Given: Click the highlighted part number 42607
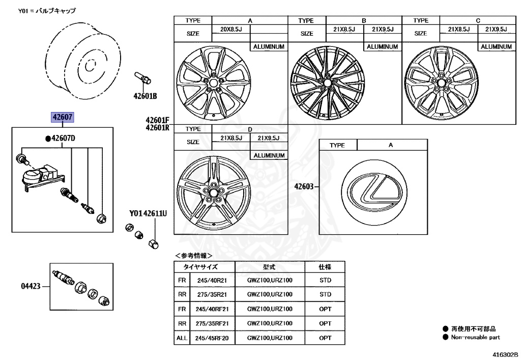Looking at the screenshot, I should [x=62, y=118].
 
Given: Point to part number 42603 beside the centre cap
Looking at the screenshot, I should [x=304, y=186].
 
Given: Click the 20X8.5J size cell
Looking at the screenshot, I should [x=230, y=30].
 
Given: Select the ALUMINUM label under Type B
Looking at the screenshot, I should [x=382, y=46].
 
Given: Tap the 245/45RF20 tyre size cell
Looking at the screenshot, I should [x=212, y=338].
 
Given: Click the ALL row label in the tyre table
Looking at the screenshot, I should [x=182, y=338].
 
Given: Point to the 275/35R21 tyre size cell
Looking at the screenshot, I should [x=212, y=294].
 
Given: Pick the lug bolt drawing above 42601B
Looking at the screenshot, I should [x=142, y=78].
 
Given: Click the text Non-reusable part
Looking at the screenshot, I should [x=476, y=337].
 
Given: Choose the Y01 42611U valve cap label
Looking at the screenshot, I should [x=148, y=214].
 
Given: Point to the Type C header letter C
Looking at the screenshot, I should [x=478, y=20].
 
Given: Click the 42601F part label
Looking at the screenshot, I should [x=157, y=120].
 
